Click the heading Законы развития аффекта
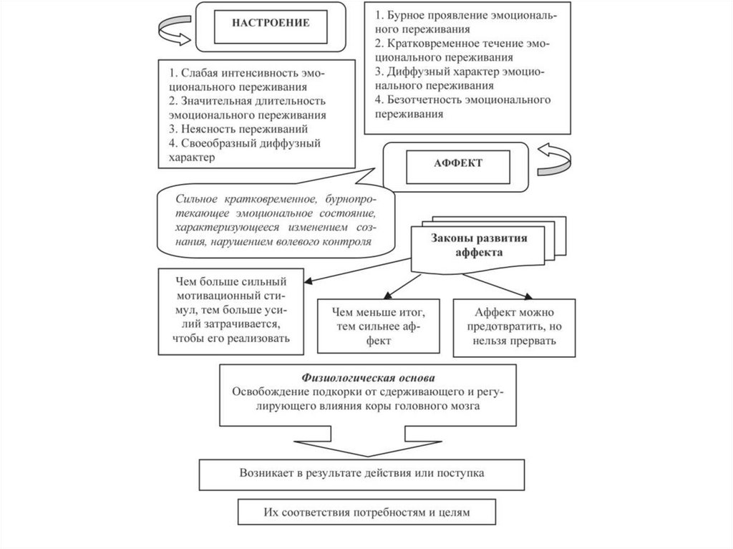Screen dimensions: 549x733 [x=478, y=246]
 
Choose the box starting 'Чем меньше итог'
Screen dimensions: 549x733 [x=379, y=326]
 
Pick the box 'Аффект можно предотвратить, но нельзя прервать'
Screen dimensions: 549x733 [x=514, y=326]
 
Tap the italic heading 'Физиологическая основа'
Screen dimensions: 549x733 [x=368, y=377]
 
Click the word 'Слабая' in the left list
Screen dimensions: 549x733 [x=198, y=74]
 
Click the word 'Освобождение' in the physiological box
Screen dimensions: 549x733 [x=267, y=391]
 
